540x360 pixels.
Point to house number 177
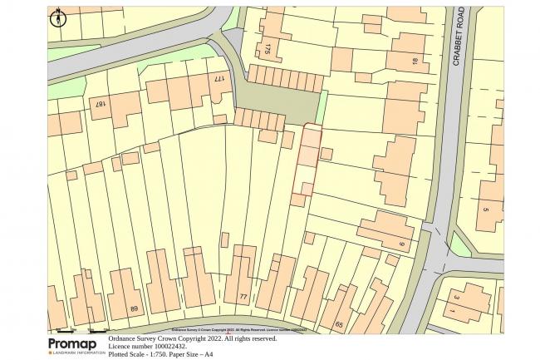point(219,81)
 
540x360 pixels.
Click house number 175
point(267,49)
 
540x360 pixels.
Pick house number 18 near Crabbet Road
point(414,61)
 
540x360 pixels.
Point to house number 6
point(400,244)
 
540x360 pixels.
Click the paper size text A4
point(209,354)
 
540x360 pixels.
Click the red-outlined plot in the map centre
point(307,158)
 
